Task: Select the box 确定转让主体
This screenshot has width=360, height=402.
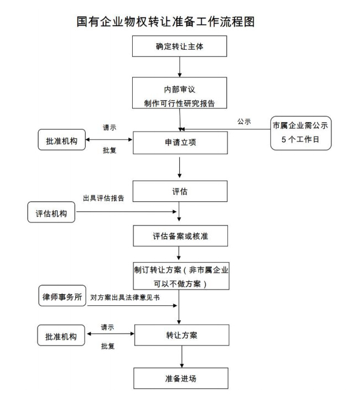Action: (x=180, y=46)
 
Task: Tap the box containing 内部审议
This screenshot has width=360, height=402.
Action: (x=180, y=94)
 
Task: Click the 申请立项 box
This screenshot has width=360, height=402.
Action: (x=180, y=142)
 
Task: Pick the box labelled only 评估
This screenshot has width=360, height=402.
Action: (x=180, y=191)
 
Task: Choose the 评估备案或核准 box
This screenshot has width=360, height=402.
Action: (x=180, y=236)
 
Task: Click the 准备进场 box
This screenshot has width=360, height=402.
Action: (x=180, y=379)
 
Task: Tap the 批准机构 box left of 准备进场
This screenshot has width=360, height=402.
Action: (x=61, y=335)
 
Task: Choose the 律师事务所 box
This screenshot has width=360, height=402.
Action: (x=61, y=297)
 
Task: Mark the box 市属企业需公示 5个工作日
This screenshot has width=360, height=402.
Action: (x=301, y=133)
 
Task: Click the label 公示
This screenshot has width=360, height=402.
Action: (x=244, y=122)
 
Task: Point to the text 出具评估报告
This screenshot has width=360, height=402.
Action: (x=103, y=198)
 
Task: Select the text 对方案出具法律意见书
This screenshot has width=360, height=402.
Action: (x=126, y=297)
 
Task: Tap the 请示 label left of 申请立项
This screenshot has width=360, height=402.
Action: (x=109, y=127)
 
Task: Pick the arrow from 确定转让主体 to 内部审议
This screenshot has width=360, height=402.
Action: (x=180, y=66)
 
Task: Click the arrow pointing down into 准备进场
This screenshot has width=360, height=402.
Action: (x=180, y=357)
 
